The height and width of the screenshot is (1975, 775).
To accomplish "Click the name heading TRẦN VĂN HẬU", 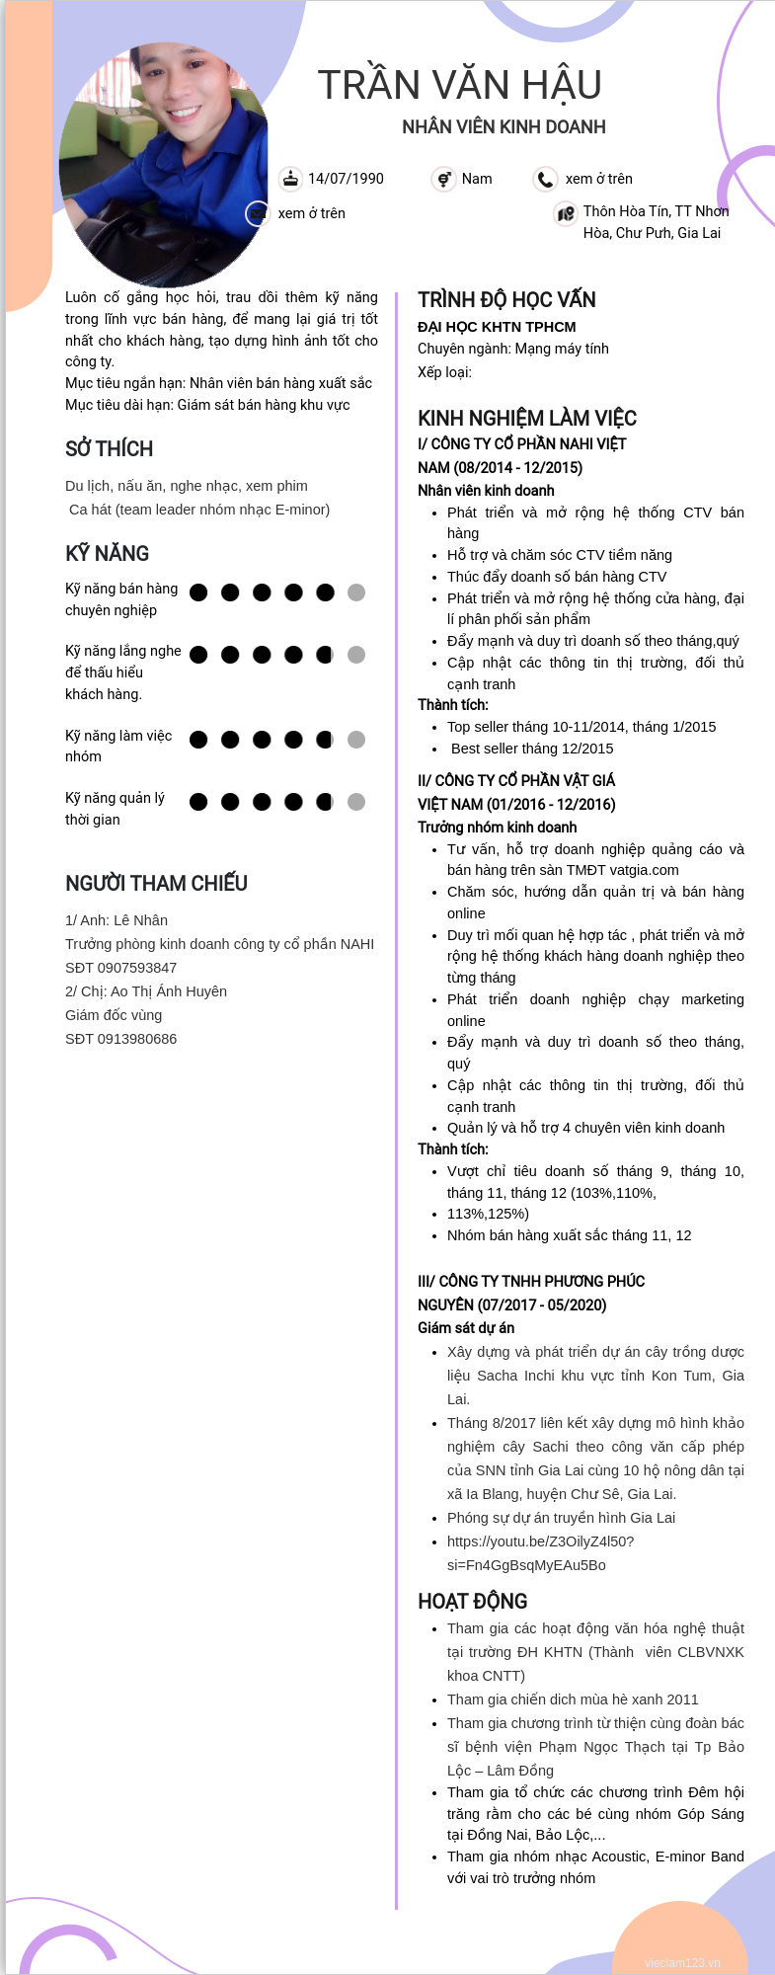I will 459,85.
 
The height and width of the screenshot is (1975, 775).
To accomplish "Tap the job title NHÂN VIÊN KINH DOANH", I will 504,127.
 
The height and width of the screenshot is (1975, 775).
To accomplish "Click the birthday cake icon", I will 290,179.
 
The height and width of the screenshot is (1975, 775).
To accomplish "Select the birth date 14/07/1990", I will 346,179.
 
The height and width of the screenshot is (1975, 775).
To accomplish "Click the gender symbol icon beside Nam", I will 443,179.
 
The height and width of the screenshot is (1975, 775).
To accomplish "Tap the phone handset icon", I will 545,179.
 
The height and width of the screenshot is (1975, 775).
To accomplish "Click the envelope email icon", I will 258,213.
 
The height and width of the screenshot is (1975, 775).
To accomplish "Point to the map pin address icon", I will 566,213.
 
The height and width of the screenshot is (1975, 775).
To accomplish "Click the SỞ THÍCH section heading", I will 109,449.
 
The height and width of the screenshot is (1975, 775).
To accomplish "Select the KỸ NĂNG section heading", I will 107,554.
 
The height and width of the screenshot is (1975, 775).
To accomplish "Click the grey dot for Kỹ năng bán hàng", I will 356,592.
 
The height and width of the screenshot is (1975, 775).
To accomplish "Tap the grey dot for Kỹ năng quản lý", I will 356,802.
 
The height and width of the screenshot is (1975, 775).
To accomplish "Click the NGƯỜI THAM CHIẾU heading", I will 156,884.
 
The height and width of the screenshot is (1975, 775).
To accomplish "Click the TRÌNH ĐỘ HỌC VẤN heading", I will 506,300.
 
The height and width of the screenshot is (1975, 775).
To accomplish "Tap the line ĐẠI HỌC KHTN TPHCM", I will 497,327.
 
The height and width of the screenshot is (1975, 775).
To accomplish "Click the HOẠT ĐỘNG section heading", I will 472,1602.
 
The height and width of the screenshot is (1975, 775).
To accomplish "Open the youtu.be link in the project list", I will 540,1541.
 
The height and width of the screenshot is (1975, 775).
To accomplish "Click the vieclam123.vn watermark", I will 682,1962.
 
